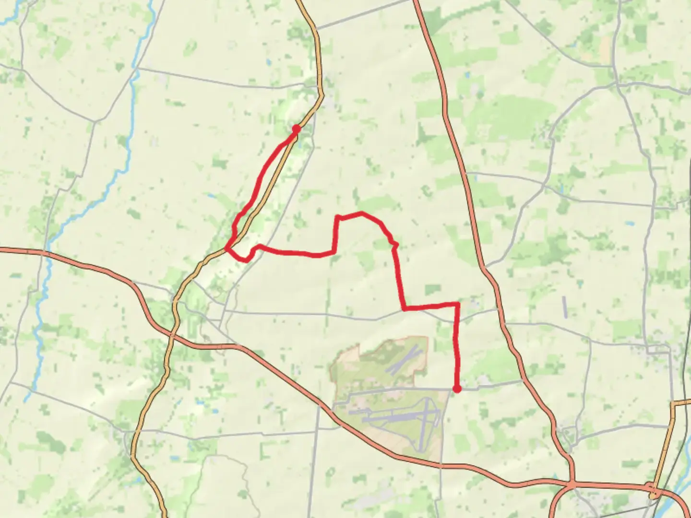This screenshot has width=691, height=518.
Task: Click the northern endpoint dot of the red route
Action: point(296,129)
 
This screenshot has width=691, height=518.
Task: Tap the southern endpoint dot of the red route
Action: point(457,388)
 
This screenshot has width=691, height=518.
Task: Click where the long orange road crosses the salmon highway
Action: point(171,333)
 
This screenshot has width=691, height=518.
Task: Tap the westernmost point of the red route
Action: point(227,248)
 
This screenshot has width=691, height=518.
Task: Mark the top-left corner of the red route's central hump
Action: point(337,217)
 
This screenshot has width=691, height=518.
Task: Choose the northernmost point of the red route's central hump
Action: point(361,212)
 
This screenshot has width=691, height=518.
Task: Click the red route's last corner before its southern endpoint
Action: point(457,304)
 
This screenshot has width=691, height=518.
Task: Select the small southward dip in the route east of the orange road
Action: point(246,260)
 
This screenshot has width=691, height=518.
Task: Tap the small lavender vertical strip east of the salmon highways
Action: point(564,307)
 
